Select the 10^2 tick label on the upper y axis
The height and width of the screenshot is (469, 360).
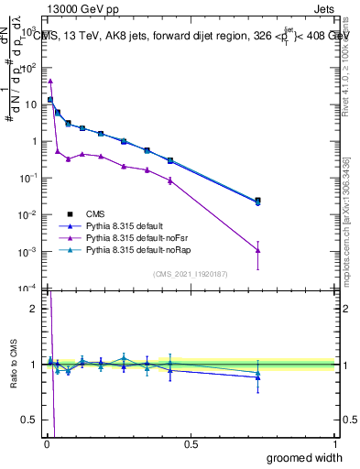pos(29,68)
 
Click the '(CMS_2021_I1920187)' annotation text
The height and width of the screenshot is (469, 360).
pos(191,273)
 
